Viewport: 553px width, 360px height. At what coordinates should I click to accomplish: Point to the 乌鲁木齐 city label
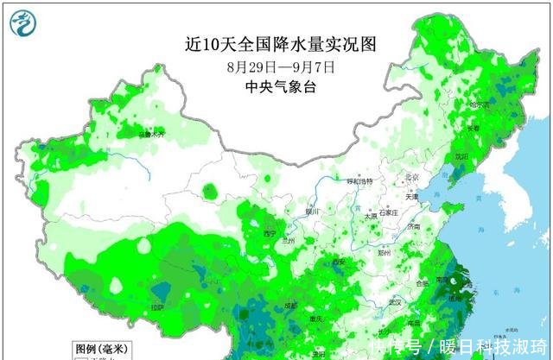(x=152, y=135)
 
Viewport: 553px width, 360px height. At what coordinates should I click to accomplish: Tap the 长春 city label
(x=473, y=129)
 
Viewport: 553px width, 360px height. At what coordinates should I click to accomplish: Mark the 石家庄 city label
(x=386, y=212)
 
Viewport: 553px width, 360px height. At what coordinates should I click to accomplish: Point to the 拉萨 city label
(x=156, y=307)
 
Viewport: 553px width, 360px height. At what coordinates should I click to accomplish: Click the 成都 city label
(x=292, y=306)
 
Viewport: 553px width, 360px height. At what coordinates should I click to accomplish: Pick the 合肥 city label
(x=423, y=283)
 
